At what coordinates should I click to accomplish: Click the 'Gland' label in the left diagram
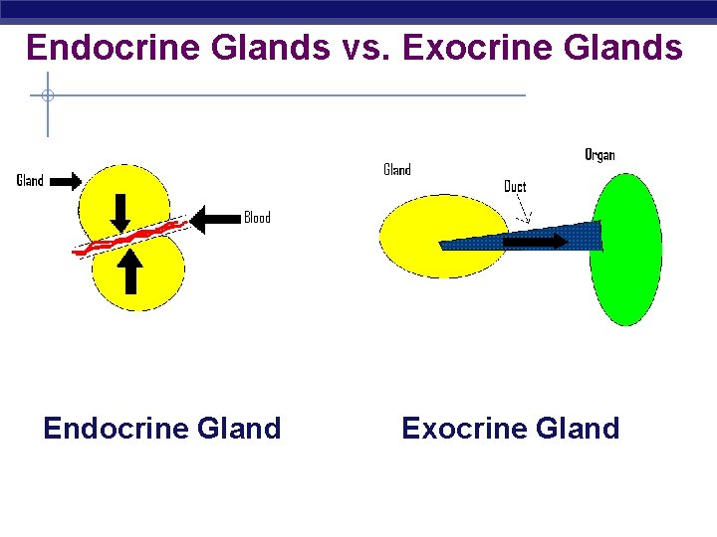[30, 181]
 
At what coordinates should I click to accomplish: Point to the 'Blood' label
[257, 218]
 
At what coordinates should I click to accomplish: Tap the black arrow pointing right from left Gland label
[65, 181]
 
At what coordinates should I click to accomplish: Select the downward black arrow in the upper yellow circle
[120, 211]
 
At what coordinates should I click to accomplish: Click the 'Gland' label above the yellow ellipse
[397, 170]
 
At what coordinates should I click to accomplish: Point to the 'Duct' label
[515, 187]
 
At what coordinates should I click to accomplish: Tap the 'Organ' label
[599, 155]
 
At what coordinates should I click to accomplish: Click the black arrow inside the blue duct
[530, 241]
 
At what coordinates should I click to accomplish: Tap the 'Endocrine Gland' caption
[162, 429]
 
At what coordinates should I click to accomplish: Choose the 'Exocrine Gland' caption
[510, 429]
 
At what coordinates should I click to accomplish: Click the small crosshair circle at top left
[47, 96]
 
